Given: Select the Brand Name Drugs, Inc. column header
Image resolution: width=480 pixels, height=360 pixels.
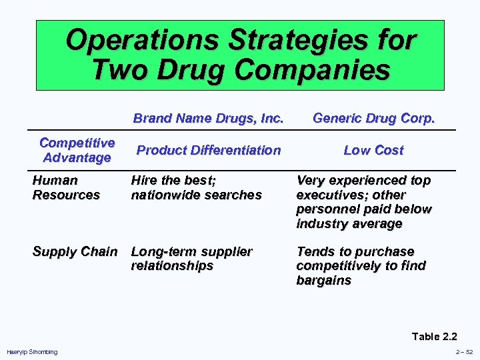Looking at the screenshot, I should [x=209, y=119].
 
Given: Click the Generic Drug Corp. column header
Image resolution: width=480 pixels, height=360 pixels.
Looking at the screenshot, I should [x=373, y=119].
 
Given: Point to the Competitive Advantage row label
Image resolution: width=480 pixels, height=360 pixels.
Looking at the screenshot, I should [x=77, y=150].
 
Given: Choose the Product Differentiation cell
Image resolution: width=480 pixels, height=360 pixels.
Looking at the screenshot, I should [x=209, y=150].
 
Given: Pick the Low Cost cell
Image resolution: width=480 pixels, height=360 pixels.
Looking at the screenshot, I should [x=373, y=150].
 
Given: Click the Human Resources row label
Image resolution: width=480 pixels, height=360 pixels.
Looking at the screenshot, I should [x=66, y=187].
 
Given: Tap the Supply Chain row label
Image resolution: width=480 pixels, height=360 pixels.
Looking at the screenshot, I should [x=75, y=251].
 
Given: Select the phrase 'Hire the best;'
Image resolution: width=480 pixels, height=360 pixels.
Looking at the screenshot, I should [x=173, y=180].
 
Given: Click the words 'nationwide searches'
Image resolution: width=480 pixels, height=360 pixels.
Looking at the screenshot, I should [x=196, y=195].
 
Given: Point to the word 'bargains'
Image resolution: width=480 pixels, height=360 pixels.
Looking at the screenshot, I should [x=323, y=280].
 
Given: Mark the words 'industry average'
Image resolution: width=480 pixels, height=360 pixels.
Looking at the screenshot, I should [x=349, y=223].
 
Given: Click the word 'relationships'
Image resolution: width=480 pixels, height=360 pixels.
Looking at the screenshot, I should [x=172, y=265].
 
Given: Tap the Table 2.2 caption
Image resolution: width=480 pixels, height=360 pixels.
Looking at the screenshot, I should [x=435, y=336].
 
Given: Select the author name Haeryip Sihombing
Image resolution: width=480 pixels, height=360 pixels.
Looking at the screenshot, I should [x=32, y=351].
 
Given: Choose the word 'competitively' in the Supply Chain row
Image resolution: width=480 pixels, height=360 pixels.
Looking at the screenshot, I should [x=338, y=265].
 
